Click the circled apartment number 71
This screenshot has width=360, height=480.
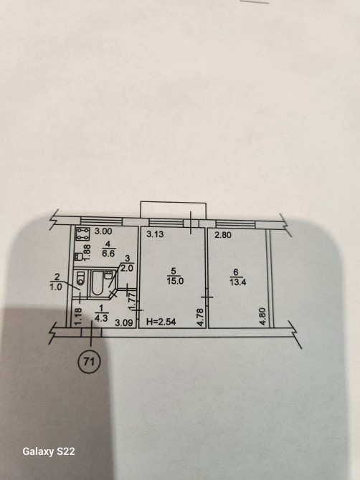tap(89, 362)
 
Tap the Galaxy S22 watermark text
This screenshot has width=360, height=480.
tap(49, 451)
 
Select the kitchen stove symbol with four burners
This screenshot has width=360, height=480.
tap(82, 234)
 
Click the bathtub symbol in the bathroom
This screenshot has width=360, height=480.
tap(98, 283)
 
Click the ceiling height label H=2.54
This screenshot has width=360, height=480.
tap(161, 322)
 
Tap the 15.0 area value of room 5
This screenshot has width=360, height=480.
tap(176, 281)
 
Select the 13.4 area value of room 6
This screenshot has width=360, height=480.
tap(238, 282)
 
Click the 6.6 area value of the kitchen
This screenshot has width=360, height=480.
tap(108, 254)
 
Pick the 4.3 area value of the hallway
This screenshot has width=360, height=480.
tap(101, 318)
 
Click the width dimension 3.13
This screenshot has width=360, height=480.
tap(155, 234)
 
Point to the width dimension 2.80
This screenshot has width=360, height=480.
tap(223, 235)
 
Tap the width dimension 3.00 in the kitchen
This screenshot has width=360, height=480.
tap(103, 231)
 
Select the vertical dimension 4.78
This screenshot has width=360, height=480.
tap(200, 317)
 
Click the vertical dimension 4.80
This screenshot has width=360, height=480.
tap(262, 317)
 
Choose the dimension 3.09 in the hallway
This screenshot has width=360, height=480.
tap(124, 322)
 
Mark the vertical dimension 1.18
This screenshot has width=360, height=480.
tap(78, 316)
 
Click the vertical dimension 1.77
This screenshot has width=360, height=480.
tap(132, 302)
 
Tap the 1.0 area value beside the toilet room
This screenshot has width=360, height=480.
tap(56, 287)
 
